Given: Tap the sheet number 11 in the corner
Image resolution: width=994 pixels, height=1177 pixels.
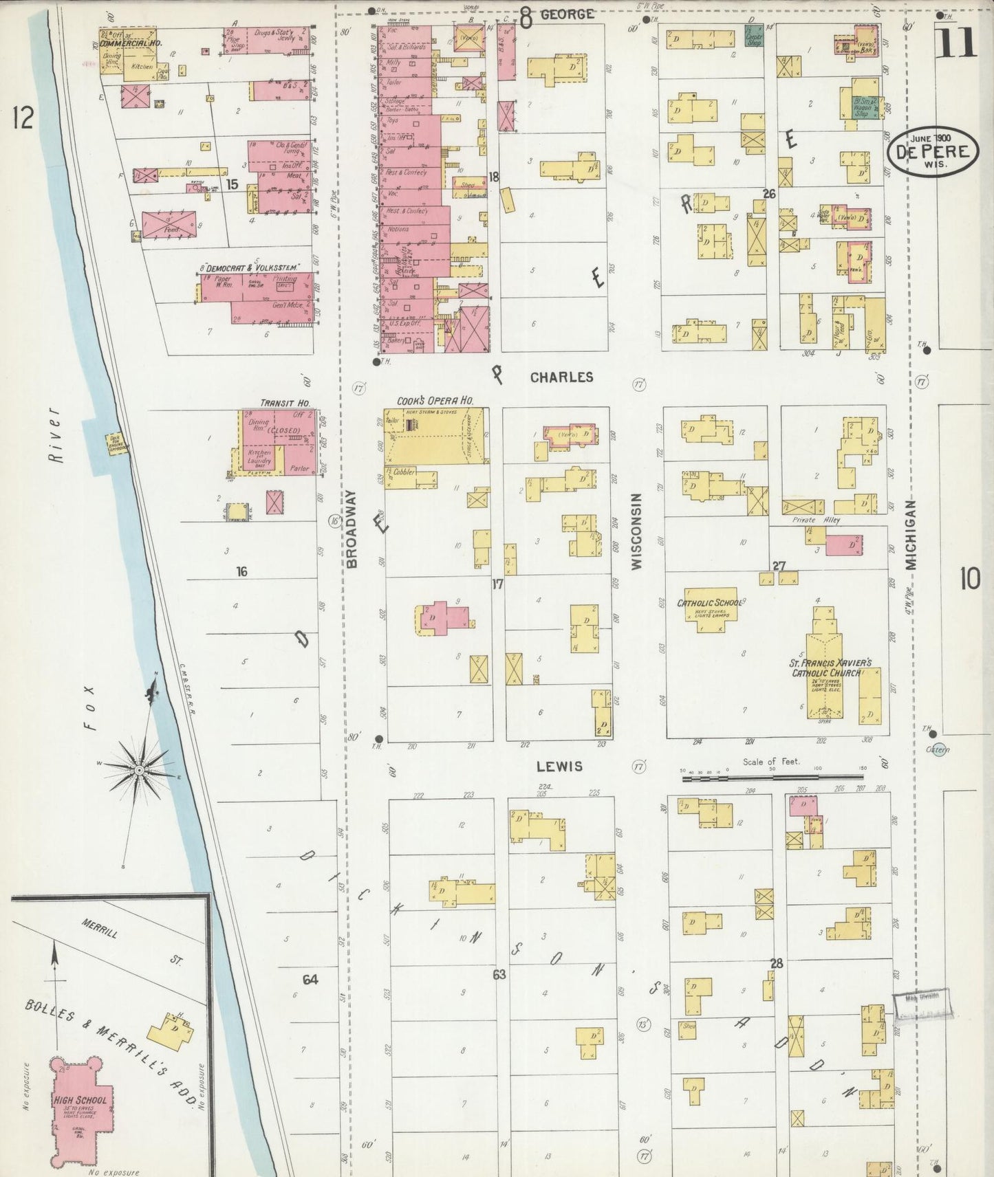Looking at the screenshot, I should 956,41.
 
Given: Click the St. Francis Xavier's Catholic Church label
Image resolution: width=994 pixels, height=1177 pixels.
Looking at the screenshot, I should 831,668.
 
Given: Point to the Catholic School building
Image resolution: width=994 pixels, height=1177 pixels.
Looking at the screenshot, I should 710,608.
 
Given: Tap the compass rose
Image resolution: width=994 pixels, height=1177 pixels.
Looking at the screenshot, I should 140,770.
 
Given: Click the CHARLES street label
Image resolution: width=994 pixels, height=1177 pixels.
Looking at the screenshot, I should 561,377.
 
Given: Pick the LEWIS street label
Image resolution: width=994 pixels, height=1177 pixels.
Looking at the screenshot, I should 560,766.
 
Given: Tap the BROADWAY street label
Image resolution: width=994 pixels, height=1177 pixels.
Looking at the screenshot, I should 352,529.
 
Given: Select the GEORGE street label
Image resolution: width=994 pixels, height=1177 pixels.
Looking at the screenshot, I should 566,14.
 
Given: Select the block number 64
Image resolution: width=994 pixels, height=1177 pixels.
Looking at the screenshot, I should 311,979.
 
